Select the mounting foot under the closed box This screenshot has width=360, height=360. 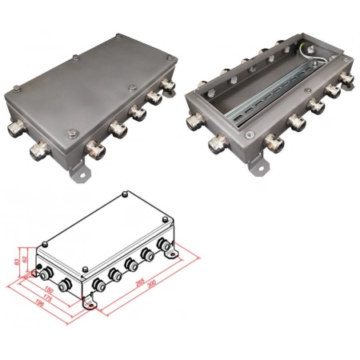pos(80,170)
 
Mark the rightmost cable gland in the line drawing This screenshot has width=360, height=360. pos(170,247)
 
